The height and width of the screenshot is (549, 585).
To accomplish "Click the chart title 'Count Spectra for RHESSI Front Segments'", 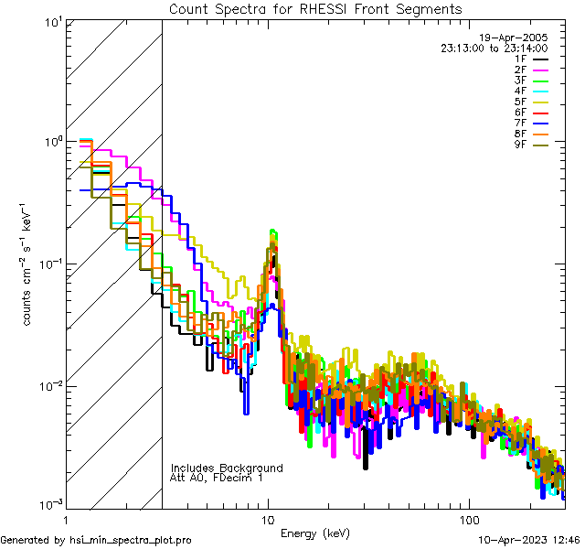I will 315,9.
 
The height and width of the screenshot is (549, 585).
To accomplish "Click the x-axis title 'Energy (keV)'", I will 314,533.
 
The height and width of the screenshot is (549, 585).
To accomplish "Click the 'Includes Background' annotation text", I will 227,468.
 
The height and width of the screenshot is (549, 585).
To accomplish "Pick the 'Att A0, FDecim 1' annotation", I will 217,478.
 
